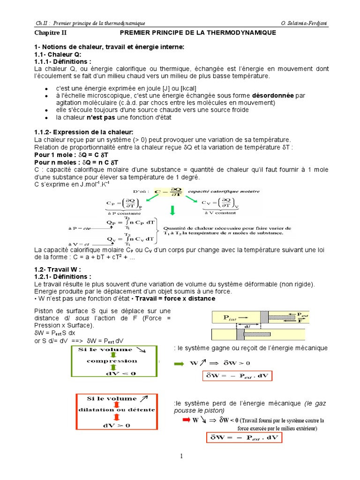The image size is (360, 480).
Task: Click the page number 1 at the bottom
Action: [180, 456]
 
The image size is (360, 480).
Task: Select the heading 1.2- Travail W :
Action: [58, 269]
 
